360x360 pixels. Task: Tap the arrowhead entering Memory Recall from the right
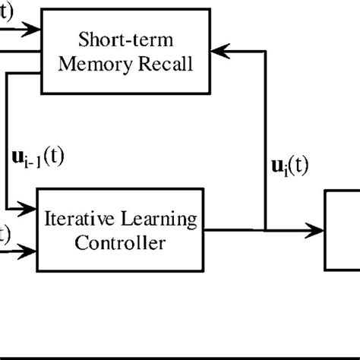[221, 50]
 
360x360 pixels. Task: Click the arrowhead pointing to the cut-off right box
[317, 228]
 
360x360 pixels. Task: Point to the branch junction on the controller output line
[266, 228]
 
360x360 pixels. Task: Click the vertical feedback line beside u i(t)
[266, 137]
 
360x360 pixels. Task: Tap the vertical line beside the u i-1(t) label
[6, 144]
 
